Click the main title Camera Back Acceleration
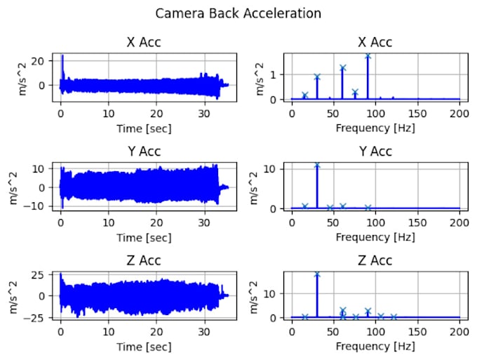[x=238, y=13]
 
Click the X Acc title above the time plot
[x=143, y=42]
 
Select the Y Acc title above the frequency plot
[x=375, y=152]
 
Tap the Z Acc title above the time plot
[x=143, y=261]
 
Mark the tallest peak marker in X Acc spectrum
[x=368, y=55]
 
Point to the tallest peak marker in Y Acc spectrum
[x=317, y=166]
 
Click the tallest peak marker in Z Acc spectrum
[x=317, y=274]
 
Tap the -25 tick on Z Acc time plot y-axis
[x=39, y=318]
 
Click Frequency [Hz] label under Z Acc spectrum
[x=375, y=346]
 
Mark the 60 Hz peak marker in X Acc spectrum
[x=342, y=68]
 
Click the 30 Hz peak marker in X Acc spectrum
[x=317, y=77]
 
